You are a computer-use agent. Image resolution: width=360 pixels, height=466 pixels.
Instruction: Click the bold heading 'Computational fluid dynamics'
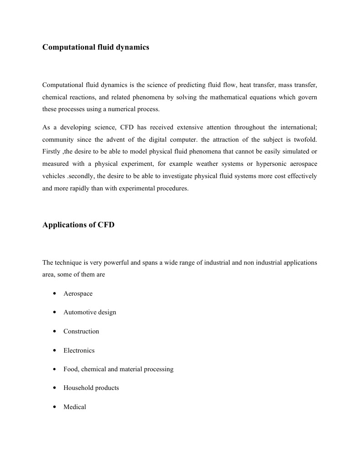click(96, 47)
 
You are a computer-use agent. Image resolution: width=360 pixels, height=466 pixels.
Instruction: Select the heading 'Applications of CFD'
click(78, 225)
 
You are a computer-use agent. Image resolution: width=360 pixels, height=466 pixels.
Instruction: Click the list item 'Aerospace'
click(78, 293)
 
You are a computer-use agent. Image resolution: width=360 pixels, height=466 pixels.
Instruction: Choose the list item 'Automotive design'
click(90, 312)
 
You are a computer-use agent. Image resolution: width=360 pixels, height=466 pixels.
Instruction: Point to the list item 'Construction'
click(81, 331)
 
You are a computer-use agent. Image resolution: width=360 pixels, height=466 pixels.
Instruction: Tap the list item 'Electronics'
click(79, 350)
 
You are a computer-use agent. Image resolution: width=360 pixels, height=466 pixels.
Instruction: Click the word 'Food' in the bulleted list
click(71, 369)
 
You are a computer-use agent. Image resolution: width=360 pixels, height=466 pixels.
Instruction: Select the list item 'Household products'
click(91, 388)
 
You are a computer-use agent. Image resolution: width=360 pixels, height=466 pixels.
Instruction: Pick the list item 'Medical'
click(75, 407)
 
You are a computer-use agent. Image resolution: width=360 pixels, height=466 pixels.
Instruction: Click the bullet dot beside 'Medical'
click(55, 407)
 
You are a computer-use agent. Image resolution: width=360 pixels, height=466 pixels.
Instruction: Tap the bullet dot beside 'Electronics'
click(55, 350)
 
